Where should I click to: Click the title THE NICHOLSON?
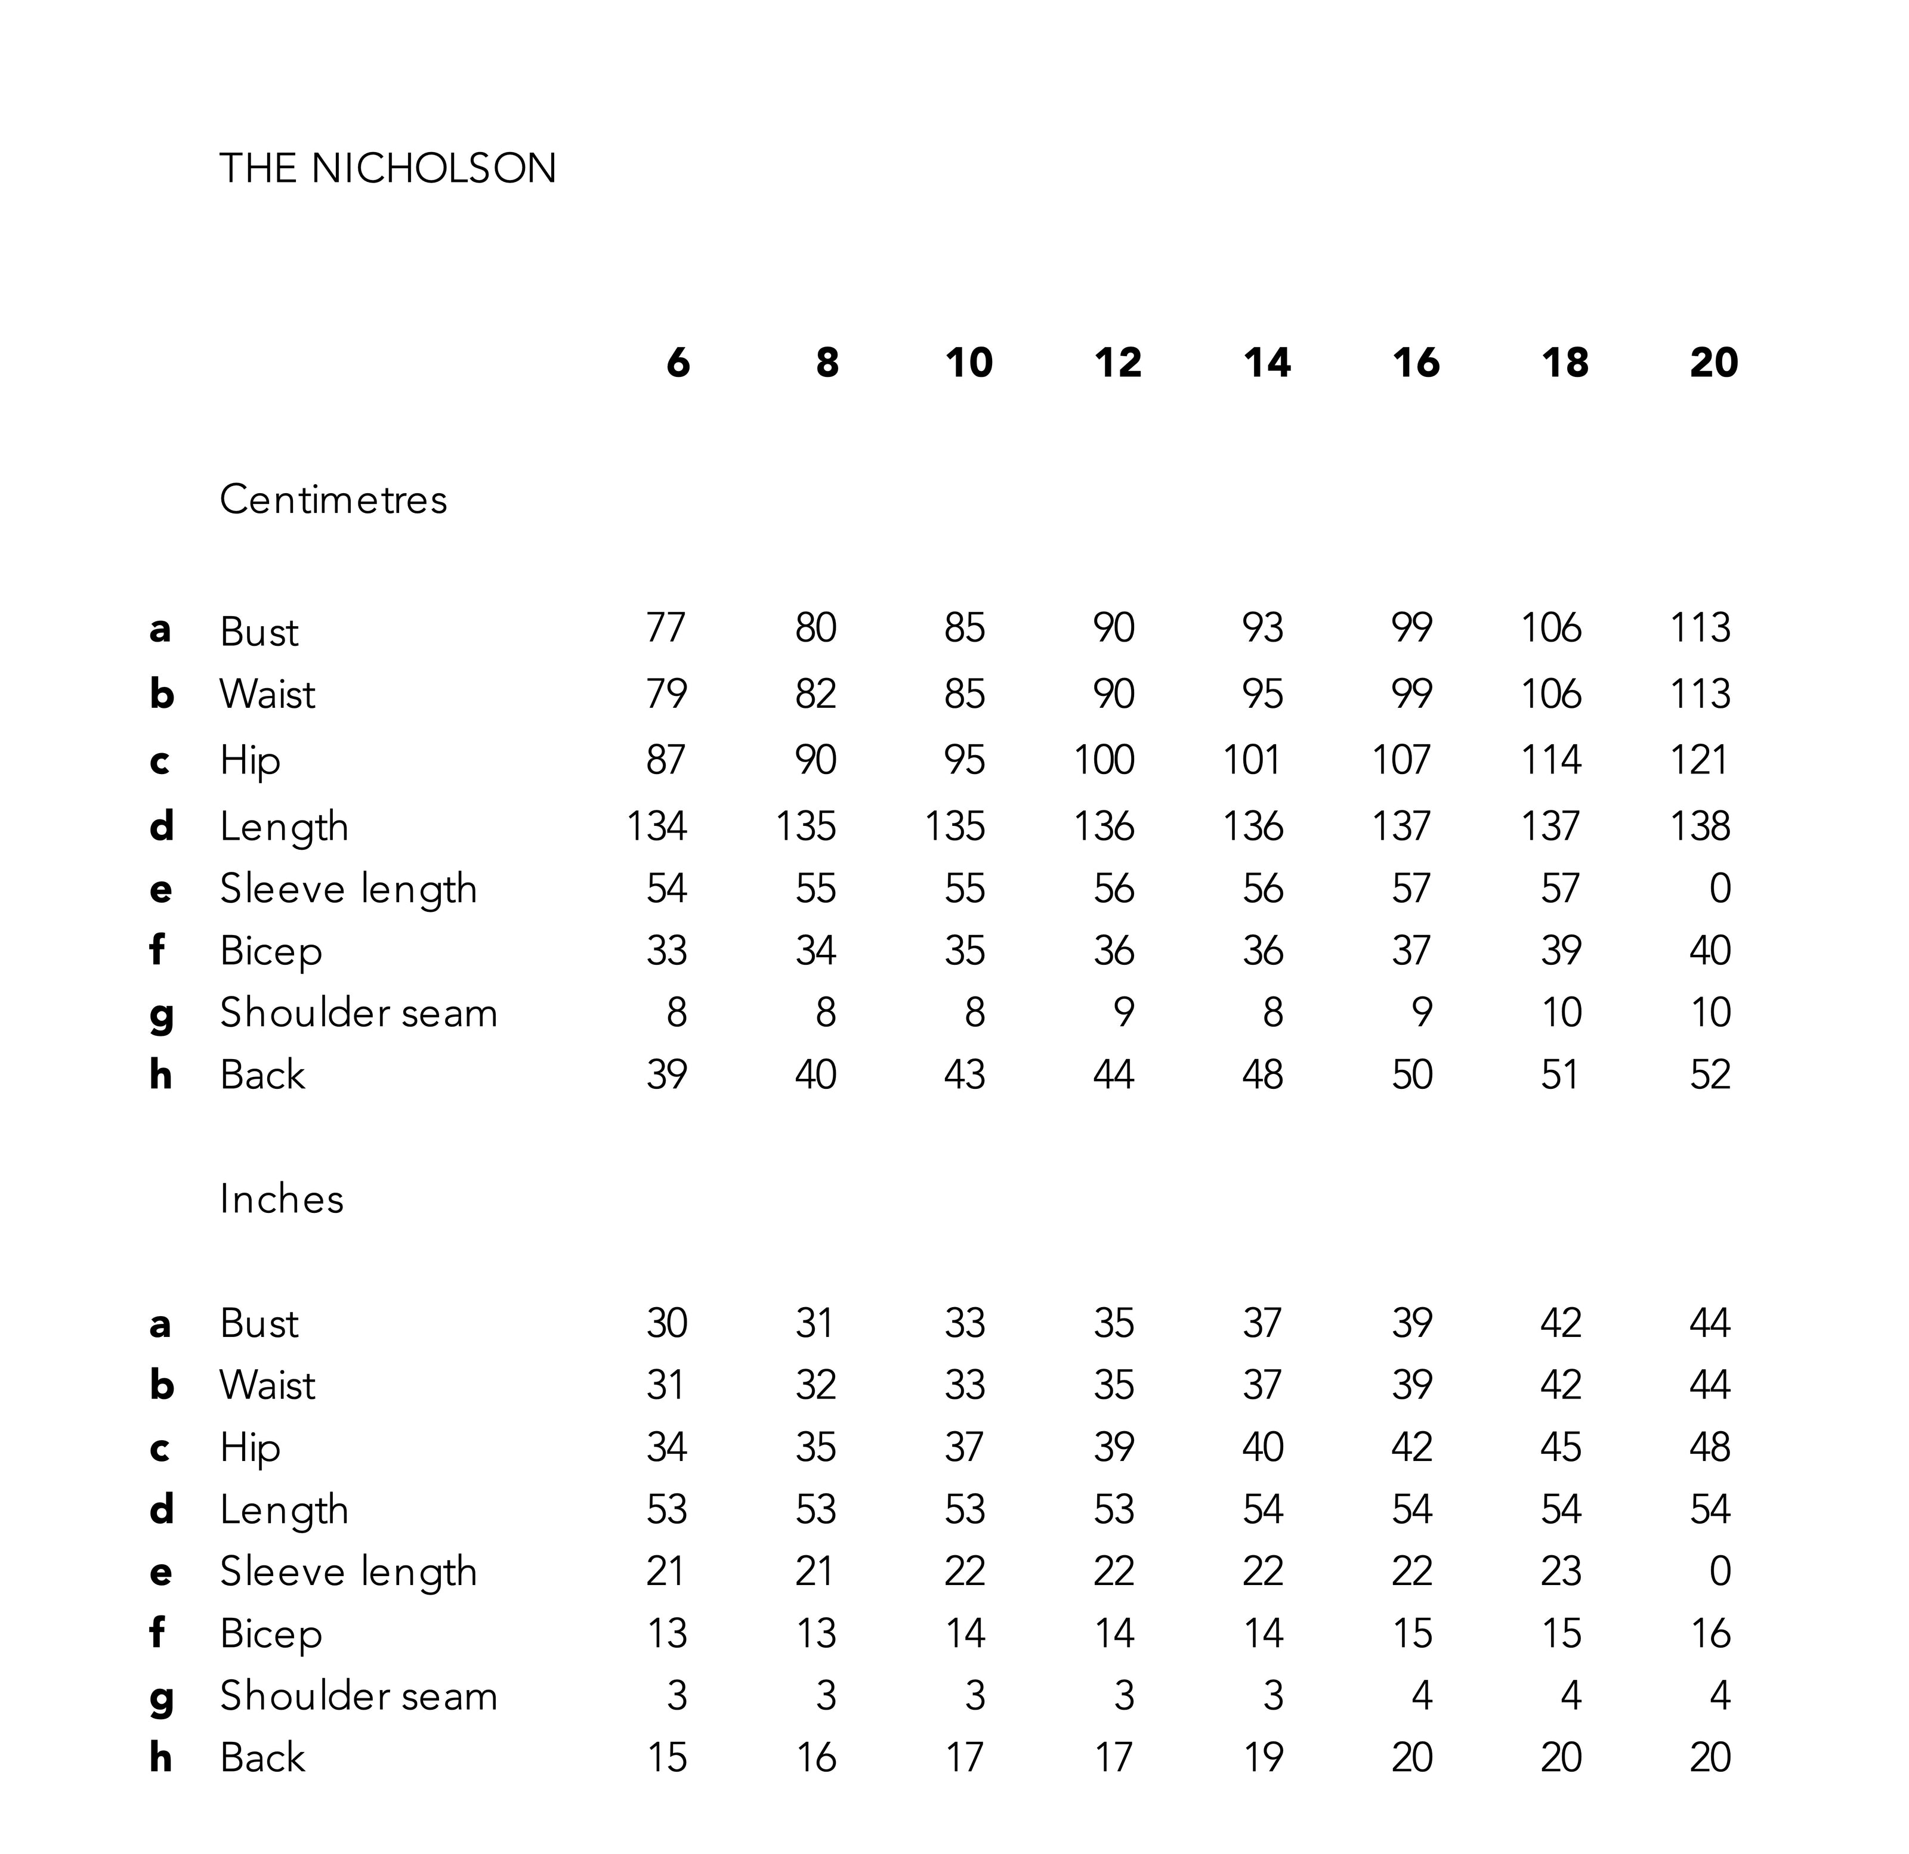(388, 168)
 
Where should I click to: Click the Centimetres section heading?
(333, 500)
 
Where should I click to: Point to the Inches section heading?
(282, 1199)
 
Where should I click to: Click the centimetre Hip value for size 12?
(1104, 760)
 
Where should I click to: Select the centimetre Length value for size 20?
(1700, 826)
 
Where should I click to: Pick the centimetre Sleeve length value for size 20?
(1720, 888)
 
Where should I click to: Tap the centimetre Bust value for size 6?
(666, 627)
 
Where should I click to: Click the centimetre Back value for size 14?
(1262, 1074)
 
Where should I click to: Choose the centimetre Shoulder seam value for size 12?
(1124, 1013)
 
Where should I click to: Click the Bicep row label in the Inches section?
(271, 1633)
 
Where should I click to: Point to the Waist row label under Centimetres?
(267, 694)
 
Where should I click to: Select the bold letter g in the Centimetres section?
(162, 1014)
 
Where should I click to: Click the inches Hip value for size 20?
(1709, 1447)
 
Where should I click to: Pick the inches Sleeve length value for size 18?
(1561, 1571)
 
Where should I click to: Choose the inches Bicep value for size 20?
(1709, 1633)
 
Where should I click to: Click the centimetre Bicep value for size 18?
(1561, 951)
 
